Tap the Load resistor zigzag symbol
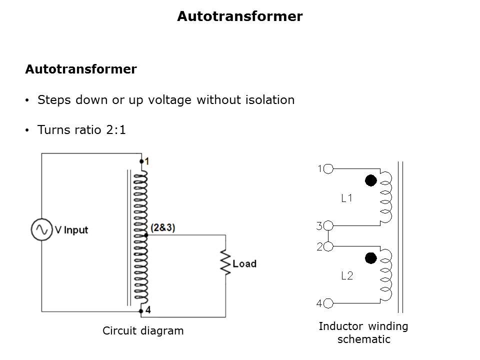point(225,262)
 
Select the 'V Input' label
point(71,230)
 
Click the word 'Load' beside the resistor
point(244,263)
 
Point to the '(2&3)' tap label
point(163,227)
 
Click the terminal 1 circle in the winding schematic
point(328,168)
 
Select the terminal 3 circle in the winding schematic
point(328,225)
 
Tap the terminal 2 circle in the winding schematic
point(328,246)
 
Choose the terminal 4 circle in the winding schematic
point(328,303)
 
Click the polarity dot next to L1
point(370,180)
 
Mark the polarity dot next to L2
point(370,258)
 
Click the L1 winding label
point(347,198)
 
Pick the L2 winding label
point(347,276)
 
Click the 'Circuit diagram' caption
point(143,331)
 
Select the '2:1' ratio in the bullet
point(116,130)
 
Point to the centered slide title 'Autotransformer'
point(240,16)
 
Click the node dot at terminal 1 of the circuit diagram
point(141,161)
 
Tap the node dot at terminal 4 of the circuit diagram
point(141,311)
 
